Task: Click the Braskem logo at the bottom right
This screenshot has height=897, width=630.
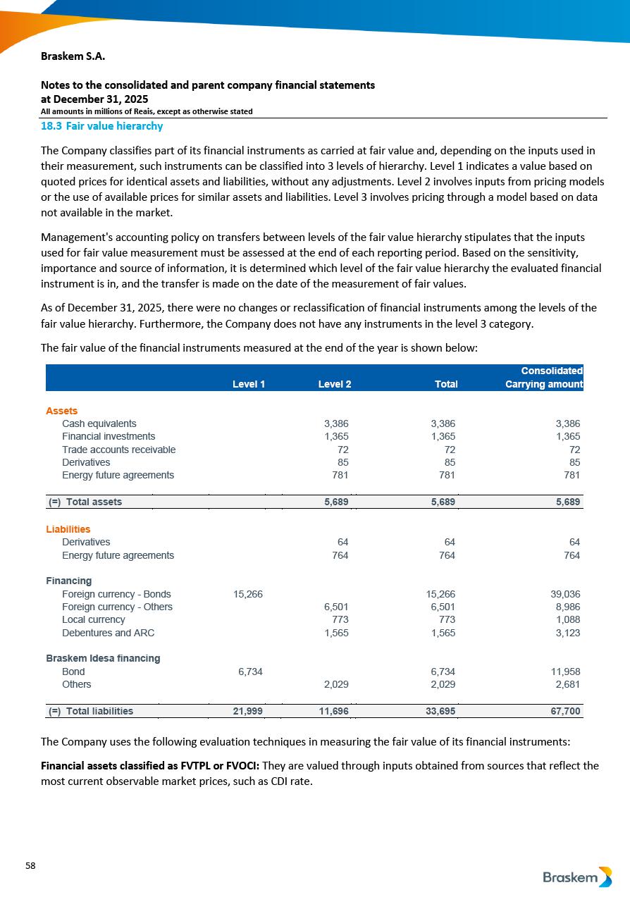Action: coord(577,877)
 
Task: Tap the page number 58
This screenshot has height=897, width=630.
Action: coord(30,865)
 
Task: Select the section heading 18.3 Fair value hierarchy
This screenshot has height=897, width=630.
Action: coord(101,126)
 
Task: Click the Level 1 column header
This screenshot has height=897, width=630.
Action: coord(249,384)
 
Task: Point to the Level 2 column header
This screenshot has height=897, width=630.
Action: coord(335,384)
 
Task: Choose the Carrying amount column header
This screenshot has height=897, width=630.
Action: coord(544,384)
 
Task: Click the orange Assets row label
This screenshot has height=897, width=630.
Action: coord(62,411)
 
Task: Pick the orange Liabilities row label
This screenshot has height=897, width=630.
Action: coord(68,529)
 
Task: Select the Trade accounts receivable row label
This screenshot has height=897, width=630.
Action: coord(118,450)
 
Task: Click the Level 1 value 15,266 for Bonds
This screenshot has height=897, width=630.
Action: coord(248,594)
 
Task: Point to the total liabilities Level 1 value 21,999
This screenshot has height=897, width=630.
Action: coord(248,711)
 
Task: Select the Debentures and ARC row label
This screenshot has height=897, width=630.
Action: coord(108,633)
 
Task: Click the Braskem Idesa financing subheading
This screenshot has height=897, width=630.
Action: coord(103,658)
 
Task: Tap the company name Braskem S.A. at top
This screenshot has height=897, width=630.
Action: coord(73,56)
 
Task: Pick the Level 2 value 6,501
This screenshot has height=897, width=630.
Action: coord(336,607)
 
